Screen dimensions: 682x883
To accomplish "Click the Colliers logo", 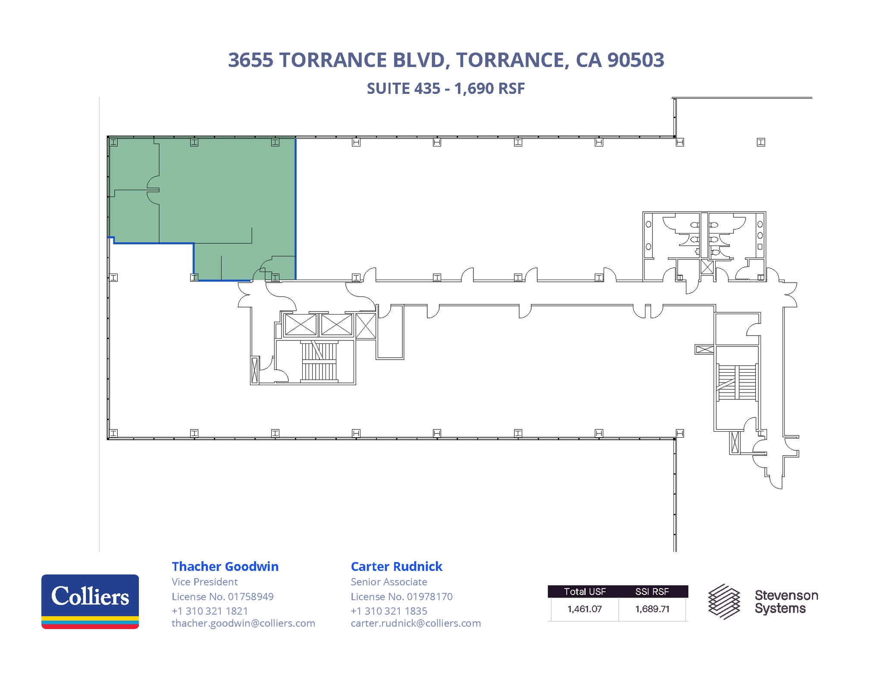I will [x=90, y=601].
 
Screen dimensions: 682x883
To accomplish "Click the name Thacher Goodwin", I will [x=225, y=566].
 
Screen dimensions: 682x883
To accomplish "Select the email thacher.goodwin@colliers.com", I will [x=243, y=623].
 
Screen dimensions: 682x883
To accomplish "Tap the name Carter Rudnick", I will [x=396, y=566].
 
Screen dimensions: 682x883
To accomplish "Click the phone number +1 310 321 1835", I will [x=388, y=610].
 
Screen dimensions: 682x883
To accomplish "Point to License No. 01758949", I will [x=222, y=596].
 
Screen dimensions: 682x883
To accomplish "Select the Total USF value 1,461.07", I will [x=584, y=609].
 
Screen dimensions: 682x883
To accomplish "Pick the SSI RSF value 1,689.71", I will [x=652, y=609].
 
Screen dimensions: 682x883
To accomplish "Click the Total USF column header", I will [x=584, y=592].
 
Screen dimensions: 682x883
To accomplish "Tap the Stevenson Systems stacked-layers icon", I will [x=724, y=601].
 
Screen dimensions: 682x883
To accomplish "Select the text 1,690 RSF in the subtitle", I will [x=489, y=88].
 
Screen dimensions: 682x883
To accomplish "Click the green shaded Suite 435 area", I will [x=224, y=194].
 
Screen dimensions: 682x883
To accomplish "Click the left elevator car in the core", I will [x=301, y=324].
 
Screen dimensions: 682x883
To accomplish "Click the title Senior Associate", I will [x=388, y=582].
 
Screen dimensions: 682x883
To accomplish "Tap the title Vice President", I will [x=204, y=582].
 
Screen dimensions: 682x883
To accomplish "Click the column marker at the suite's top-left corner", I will [x=113, y=142].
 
